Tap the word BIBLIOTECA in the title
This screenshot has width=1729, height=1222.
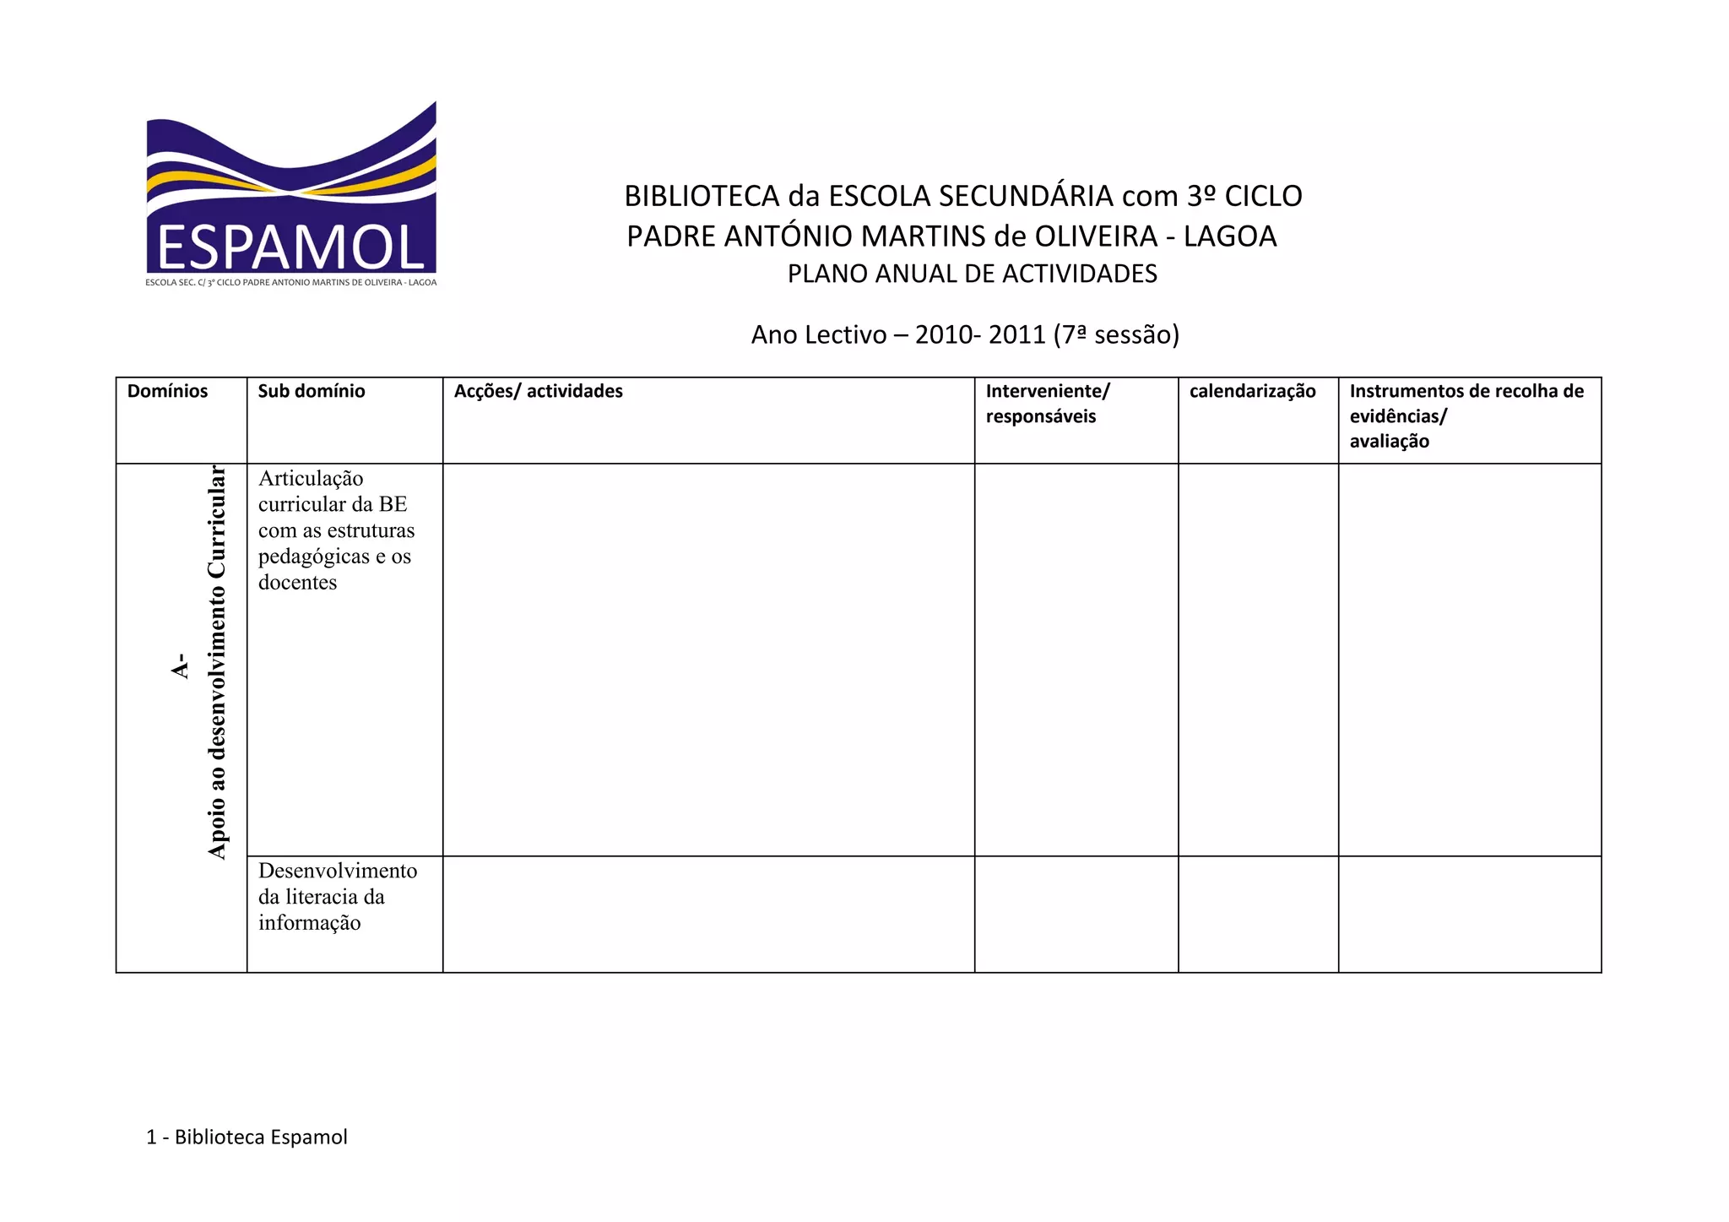[x=702, y=196]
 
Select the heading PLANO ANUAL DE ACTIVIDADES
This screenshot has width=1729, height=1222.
[x=972, y=274]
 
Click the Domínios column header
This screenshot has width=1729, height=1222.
[x=167, y=391]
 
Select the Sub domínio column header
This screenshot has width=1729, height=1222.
[x=312, y=391]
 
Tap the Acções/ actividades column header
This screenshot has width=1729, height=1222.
[x=539, y=391]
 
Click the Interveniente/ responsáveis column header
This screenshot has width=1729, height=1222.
[x=1047, y=403]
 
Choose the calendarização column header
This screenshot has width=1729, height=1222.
[x=1252, y=391]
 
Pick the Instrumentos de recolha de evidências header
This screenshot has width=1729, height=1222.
[x=1466, y=415]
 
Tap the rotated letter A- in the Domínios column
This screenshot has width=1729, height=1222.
[x=179, y=665]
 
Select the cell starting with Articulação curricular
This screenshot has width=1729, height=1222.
[x=336, y=530]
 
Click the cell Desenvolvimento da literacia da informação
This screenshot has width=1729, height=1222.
[x=337, y=896]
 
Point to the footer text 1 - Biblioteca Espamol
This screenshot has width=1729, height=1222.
[x=247, y=1137]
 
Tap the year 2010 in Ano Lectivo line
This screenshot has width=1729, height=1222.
[x=943, y=335]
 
